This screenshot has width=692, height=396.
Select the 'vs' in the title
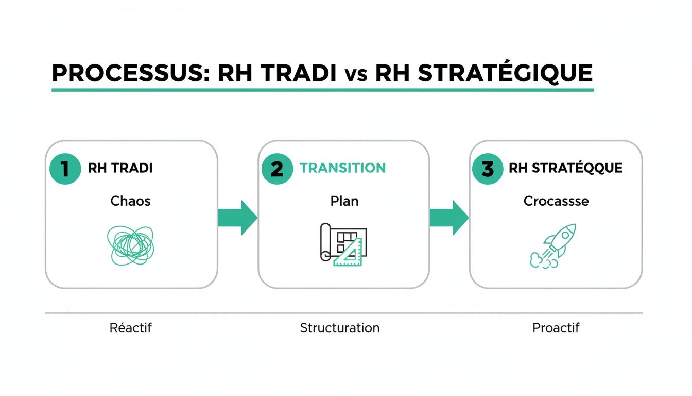click(355, 75)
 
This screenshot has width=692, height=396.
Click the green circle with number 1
click(65, 169)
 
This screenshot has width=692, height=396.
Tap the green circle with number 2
click(277, 169)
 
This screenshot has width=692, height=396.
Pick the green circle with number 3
click(488, 169)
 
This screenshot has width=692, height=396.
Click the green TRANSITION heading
click(342, 168)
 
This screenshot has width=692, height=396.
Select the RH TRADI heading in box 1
click(120, 169)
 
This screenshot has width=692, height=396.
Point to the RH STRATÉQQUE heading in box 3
click(565, 168)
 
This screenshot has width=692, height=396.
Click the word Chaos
click(130, 201)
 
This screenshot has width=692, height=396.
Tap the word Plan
click(344, 201)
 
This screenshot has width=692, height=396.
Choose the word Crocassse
click(556, 201)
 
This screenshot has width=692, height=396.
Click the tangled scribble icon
click(130, 244)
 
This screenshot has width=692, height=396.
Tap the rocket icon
click(553, 246)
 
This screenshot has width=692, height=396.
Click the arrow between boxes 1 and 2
click(237, 218)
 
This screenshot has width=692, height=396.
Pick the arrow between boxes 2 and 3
click(449, 218)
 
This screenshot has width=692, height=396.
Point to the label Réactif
click(131, 327)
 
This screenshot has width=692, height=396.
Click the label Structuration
click(340, 327)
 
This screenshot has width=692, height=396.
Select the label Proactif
click(556, 327)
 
